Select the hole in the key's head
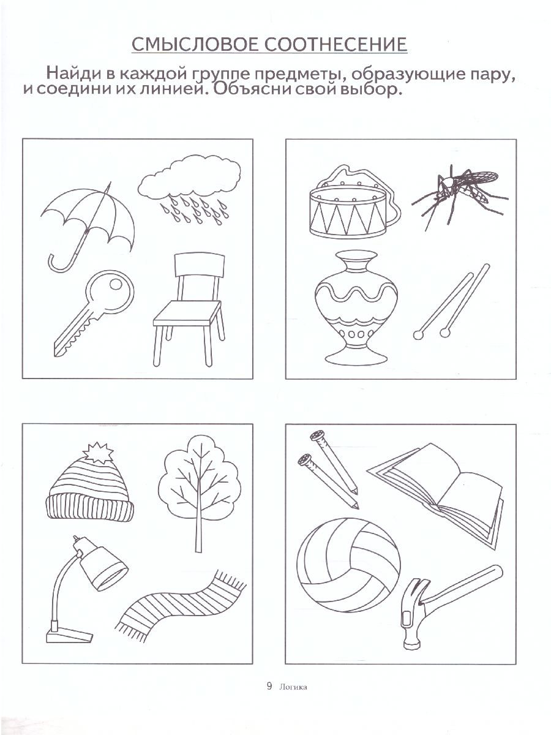[x=116, y=284]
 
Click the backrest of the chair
[x=200, y=265]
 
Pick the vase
[x=356, y=307]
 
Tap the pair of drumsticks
[x=452, y=302]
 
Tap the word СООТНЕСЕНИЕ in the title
[x=336, y=44]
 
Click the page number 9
[x=269, y=687]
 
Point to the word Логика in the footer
[x=293, y=687]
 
